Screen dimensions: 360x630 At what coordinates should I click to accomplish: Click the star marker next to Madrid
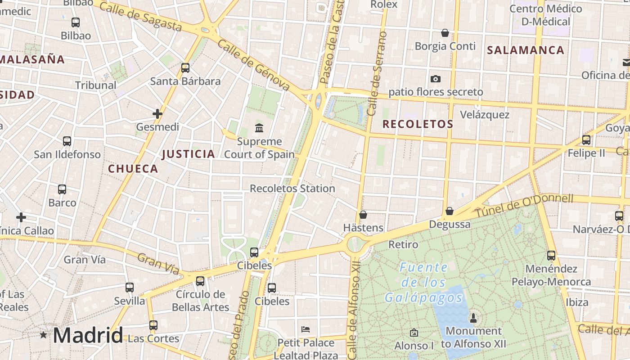[43, 335]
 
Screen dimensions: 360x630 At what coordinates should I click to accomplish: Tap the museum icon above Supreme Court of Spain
[259, 128]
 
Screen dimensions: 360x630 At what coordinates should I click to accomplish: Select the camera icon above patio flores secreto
[435, 79]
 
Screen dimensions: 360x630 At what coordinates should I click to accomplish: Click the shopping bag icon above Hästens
[363, 215]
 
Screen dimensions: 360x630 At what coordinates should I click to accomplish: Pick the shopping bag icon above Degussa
[449, 211]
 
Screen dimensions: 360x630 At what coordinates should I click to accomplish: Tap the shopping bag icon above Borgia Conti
[445, 33]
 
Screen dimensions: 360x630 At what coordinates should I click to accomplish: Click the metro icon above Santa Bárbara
[185, 68]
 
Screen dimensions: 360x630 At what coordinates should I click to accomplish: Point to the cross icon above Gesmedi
[157, 114]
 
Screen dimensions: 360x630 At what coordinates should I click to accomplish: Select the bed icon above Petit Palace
[306, 329]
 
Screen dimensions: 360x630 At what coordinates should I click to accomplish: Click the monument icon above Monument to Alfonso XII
[473, 318]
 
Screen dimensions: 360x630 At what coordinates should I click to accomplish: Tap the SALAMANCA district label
[526, 50]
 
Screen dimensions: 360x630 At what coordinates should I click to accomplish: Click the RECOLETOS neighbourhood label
[418, 124]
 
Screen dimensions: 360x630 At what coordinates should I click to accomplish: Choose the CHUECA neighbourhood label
[133, 169]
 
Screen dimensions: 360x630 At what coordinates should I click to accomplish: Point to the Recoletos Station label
[292, 188]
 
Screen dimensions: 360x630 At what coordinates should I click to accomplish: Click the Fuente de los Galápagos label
[423, 283]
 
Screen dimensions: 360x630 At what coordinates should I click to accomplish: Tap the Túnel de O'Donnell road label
[524, 205]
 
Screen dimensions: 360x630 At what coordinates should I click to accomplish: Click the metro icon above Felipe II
[586, 140]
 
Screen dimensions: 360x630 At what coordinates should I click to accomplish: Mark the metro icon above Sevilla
[130, 287]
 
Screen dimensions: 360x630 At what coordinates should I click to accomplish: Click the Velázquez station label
[485, 114]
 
